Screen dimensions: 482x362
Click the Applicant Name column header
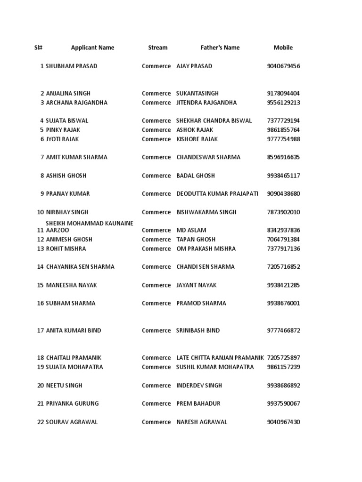click(92, 48)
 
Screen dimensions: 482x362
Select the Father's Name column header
click(220, 48)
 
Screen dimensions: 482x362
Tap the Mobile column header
click(283, 48)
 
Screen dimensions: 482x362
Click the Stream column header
click(157, 48)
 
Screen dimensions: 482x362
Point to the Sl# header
click(38, 48)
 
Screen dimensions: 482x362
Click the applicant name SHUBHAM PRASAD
click(72, 66)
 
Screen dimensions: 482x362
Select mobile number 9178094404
click(283, 94)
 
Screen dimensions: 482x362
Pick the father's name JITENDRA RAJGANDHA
click(206, 103)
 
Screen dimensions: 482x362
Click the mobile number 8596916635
click(283, 157)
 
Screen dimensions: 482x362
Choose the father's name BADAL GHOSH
click(195, 176)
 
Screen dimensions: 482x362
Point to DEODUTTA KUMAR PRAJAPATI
click(217, 194)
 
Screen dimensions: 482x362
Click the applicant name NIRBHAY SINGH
click(67, 212)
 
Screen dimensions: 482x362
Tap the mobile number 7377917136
click(283, 249)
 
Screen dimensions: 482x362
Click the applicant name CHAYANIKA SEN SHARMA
click(80, 267)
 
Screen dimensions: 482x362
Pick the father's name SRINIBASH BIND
click(198, 331)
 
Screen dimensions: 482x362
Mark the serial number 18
click(40, 358)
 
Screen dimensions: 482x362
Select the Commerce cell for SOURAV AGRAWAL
click(156, 422)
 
